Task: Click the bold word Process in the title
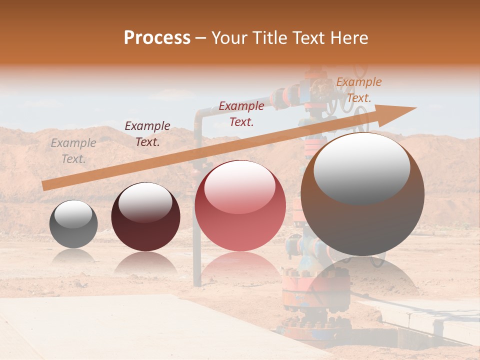tap(157, 38)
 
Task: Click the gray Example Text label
tap(73, 151)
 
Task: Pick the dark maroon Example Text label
tap(147, 134)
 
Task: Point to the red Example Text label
tap(241, 114)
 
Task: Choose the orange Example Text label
tap(358, 90)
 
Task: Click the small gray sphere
tap(73, 224)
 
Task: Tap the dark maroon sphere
tap(145, 217)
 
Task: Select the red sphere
tap(240, 206)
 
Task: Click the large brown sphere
tap(362, 194)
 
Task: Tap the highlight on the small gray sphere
tap(73, 214)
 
